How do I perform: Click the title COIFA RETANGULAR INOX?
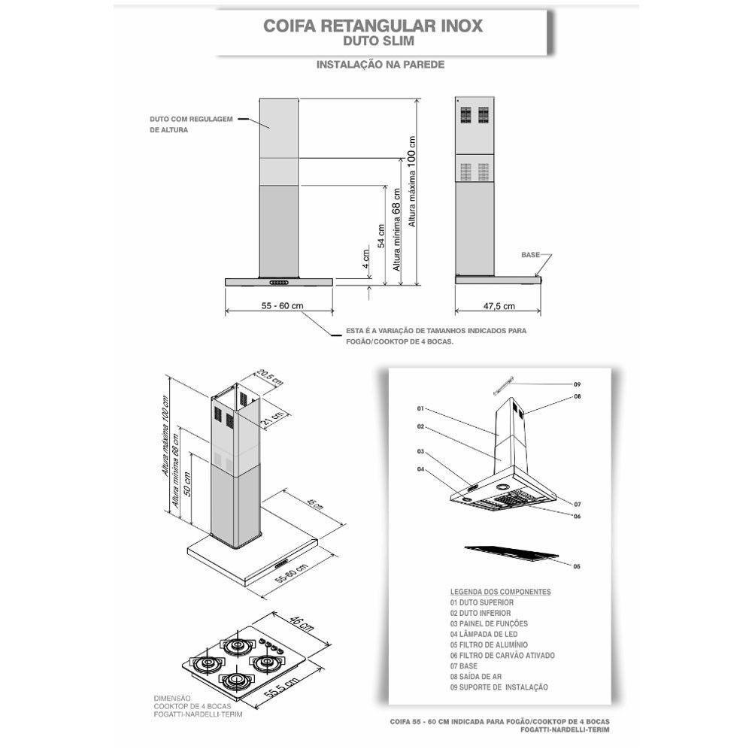(x=373, y=25)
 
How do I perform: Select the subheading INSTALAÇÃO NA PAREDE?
(x=380, y=65)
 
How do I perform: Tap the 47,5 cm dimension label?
(x=499, y=306)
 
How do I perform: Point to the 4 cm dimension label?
(x=365, y=259)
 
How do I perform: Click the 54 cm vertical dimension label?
(x=382, y=236)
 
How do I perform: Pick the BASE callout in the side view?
(x=530, y=256)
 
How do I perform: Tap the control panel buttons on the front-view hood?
(x=279, y=283)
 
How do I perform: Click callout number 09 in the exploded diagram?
(x=578, y=384)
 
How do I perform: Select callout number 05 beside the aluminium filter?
(x=577, y=566)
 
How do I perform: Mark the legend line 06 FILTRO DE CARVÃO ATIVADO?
(x=502, y=656)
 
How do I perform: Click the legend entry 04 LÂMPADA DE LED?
(x=487, y=635)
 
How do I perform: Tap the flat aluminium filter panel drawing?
(x=511, y=553)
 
